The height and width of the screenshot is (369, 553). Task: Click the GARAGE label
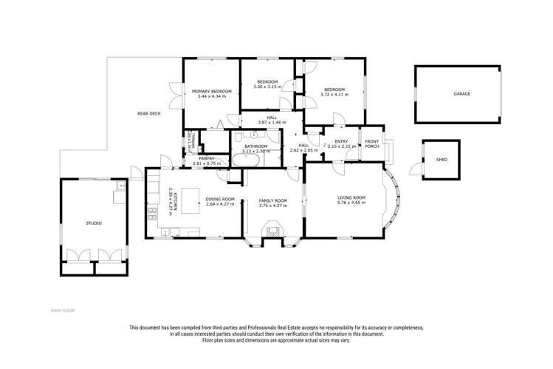[461, 94]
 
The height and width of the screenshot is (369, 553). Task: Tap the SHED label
[442, 159]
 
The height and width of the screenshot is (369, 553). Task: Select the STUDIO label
[94, 223]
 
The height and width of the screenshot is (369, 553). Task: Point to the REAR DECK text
[148, 113]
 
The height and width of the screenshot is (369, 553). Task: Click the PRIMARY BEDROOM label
[212, 91]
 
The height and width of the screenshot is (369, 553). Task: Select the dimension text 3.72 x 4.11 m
[334, 95]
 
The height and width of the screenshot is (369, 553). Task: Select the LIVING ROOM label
[351, 197]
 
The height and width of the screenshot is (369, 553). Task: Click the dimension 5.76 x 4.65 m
[351, 203]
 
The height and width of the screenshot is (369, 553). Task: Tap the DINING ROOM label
[220, 198]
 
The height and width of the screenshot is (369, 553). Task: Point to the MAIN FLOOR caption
[63, 310]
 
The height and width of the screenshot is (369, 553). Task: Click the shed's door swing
[416, 170]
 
